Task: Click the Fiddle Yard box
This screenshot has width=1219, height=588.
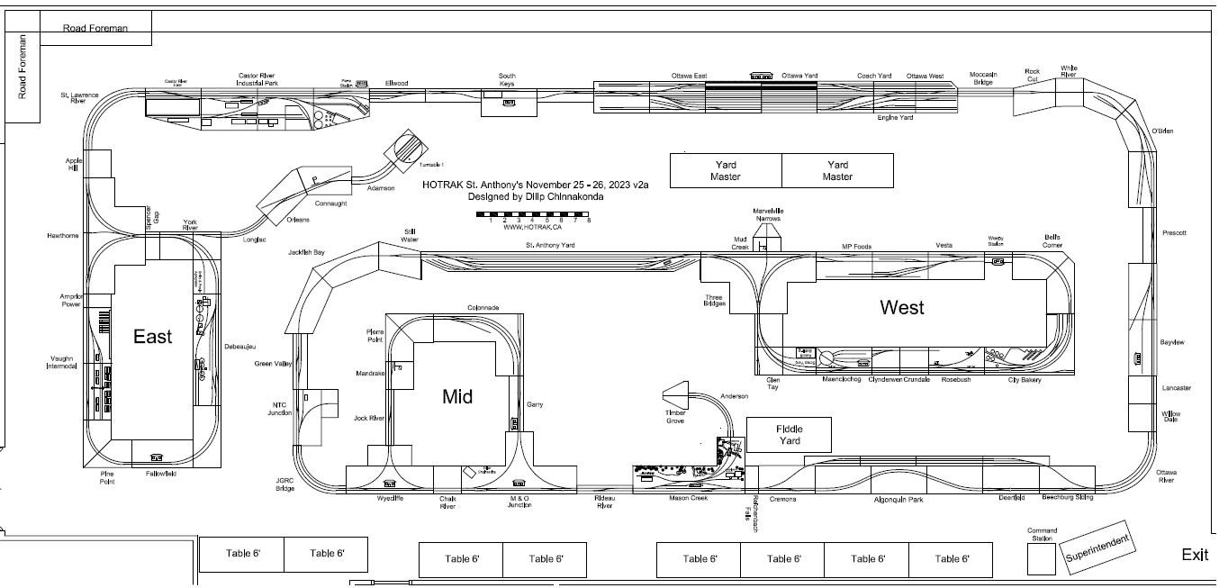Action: (789, 435)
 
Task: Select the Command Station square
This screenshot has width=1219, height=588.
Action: (1042, 559)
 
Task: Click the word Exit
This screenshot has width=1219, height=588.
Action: (1195, 555)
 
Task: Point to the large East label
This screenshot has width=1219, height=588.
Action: (152, 337)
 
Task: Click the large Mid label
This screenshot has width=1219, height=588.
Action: (457, 396)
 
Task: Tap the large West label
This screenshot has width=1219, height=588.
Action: (902, 308)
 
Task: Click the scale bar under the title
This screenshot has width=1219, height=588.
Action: (533, 216)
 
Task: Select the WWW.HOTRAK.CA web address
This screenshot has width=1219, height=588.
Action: (533, 227)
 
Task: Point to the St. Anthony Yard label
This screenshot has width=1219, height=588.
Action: (550, 245)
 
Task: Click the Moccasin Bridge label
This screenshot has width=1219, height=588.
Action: (982, 78)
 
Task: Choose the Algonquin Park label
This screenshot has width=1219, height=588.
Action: (898, 500)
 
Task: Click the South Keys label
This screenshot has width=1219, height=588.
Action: (508, 80)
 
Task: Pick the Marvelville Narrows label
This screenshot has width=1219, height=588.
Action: (768, 214)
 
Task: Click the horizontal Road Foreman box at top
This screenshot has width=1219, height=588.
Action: (95, 28)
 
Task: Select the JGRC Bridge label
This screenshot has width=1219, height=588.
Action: (285, 484)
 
